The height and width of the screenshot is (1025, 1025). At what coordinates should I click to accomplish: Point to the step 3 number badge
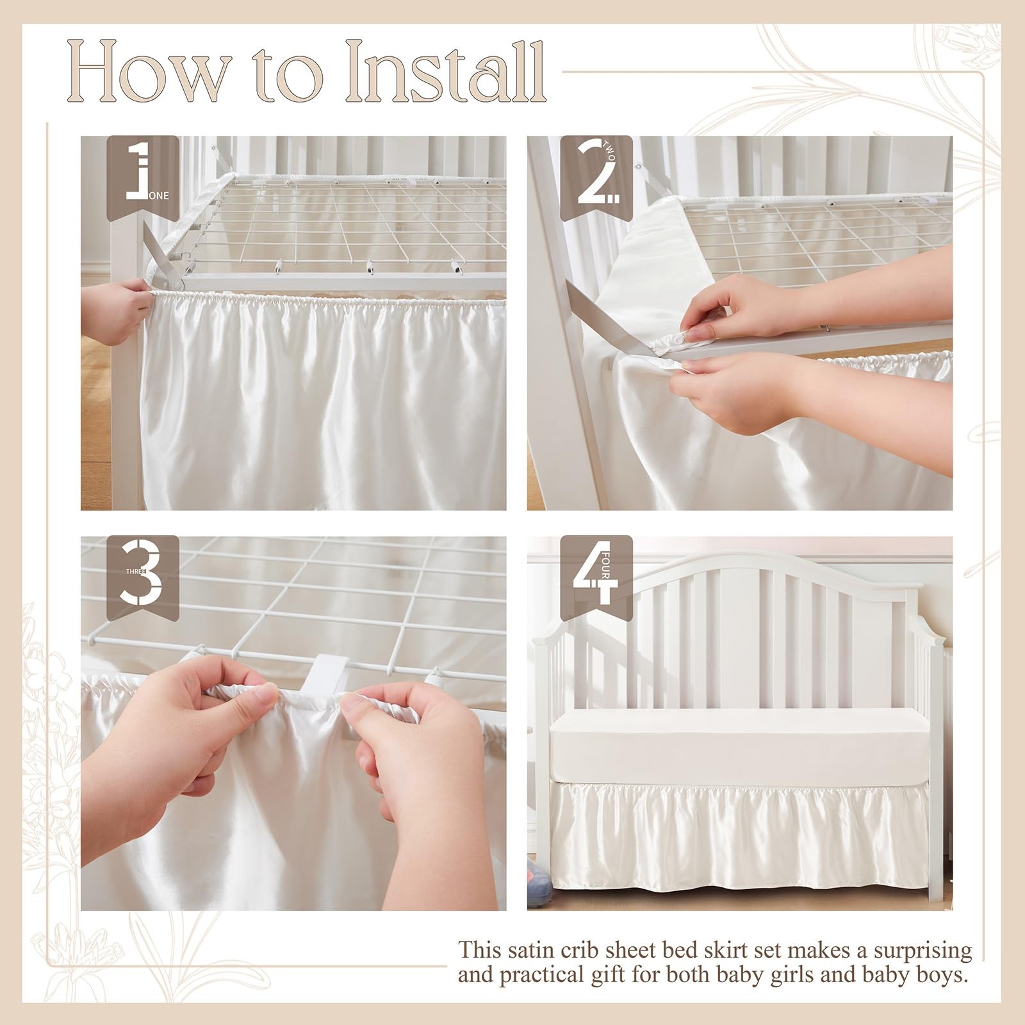pos(143,574)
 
